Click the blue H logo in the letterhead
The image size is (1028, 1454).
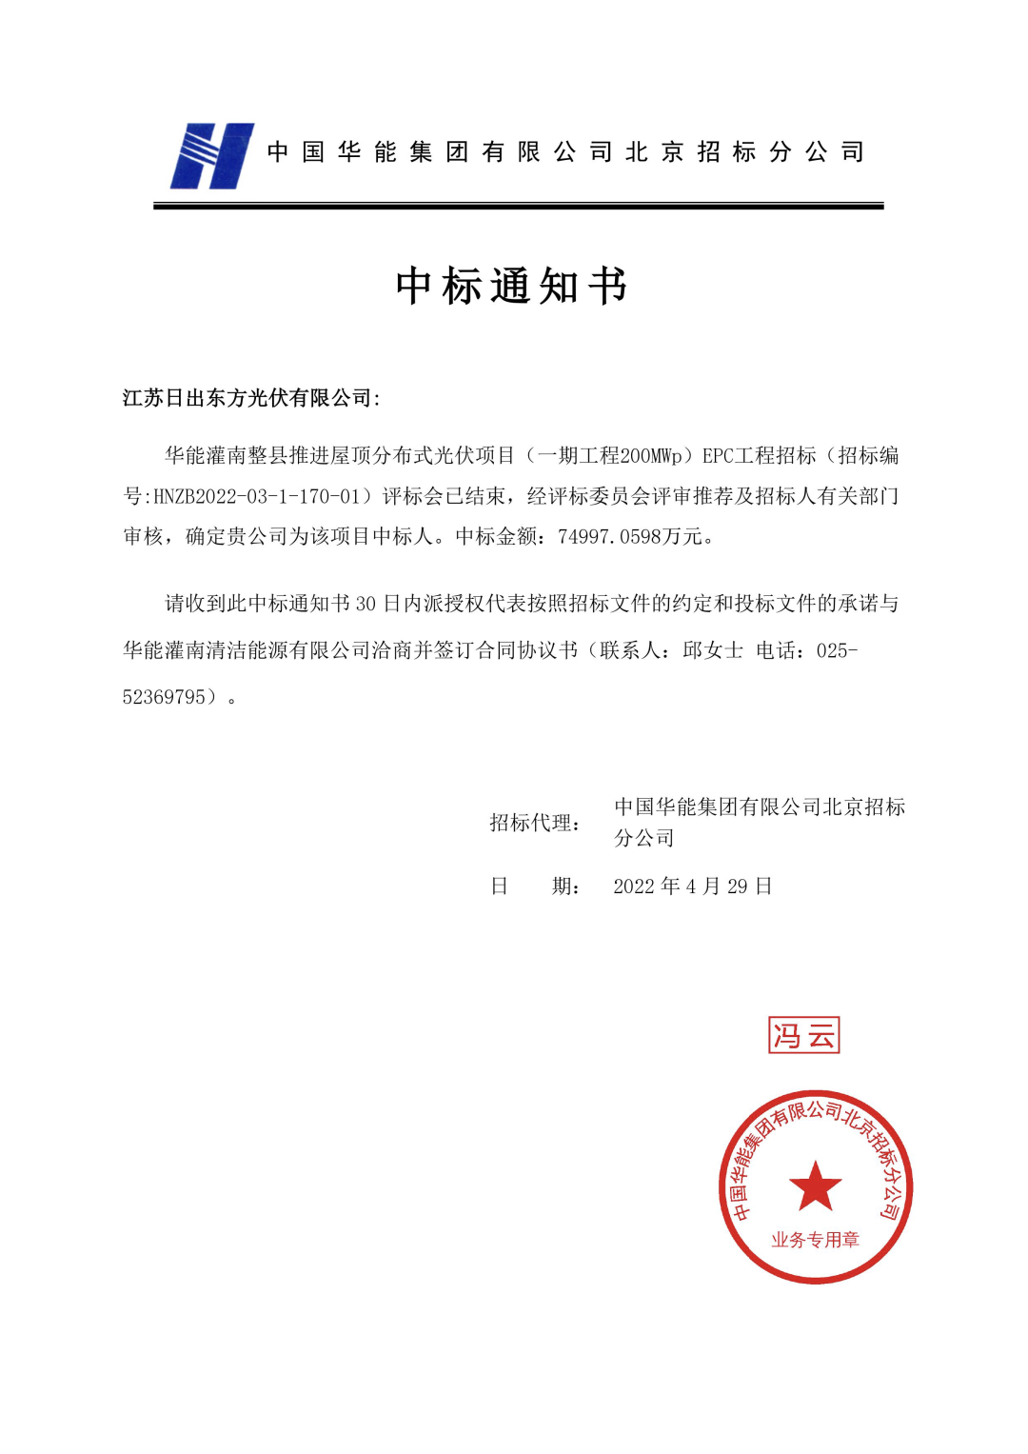click(x=211, y=156)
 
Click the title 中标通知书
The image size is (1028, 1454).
click(x=511, y=286)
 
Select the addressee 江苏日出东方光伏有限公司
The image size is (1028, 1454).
click(x=247, y=398)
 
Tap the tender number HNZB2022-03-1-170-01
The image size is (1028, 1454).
click(x=257, y=497)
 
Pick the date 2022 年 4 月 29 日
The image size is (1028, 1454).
click(x=692, y=886)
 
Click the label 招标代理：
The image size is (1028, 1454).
click(x=535, y=823)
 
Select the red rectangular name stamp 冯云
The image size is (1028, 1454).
click(x=803, y=1035)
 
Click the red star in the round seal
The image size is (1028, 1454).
click(x=815, y=1186)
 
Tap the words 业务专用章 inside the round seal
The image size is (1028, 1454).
click(x=815, y=1240)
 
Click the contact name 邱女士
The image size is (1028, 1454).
click(x=712, y=651)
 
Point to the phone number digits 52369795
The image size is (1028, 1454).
click(x=164, y=698)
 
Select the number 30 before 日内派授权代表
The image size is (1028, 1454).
click(x=366, y=605)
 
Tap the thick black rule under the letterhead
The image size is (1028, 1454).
click(x=518, y=206)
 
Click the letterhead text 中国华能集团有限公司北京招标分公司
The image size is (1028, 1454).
click(x=565, y=152)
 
